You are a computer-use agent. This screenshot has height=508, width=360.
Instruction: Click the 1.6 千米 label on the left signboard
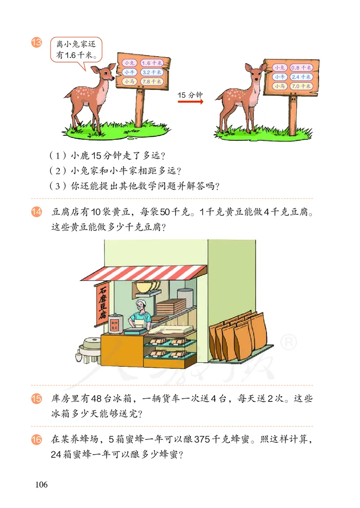(151, 63)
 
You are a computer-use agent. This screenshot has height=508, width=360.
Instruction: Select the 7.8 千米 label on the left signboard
(151, 81)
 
